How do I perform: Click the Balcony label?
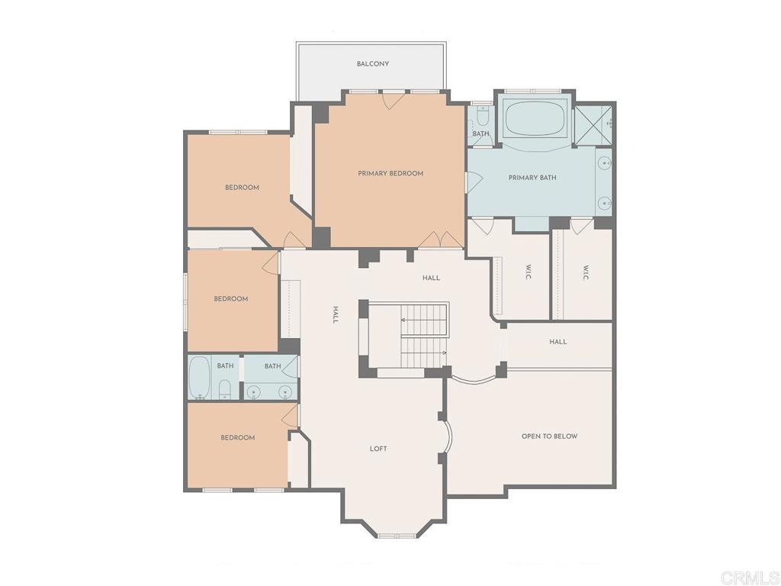(373, 64)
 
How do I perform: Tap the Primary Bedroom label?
(390, 174)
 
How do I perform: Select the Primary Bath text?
(532, 178)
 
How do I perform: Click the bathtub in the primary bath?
(535, 119)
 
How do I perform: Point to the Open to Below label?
(549, 436)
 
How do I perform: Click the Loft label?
(378, 449)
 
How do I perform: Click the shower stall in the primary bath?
(594, 121)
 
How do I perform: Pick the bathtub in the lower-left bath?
(200, 377)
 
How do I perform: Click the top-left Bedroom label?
(242, 188)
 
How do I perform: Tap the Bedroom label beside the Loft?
(238, 438)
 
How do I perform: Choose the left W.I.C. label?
(528, 272)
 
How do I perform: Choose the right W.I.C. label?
(586, 272)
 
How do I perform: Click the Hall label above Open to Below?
(558, 342)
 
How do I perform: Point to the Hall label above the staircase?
(431, 279)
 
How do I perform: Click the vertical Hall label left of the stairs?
(335, 314)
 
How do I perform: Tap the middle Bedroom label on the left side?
(231, 299)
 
